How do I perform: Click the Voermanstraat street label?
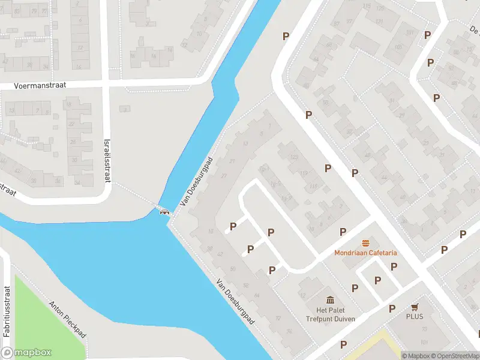pyautogui.click(x=41, y=86)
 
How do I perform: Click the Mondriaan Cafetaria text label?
pyautogui.click(x=365, y=253)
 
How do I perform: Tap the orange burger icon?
pyautogui.click(x=365, y=243)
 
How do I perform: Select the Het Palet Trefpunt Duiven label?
pyautogui.click(x=330, y=314)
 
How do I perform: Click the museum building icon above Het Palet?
pyautogui.click(x=330, y=299)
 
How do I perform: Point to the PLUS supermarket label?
pyautogui.click(x=414, y=316)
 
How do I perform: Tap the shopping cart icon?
pyautogui.click(x=414, y=306)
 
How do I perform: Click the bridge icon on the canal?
pyautogui.click(x=164, y=210)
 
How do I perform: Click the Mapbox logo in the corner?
pyautogui.click(x=26, y=352)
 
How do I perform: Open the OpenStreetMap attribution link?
pyautogui.click(x=454, y=356)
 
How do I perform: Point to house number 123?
pyautogui.click(x=294, y=157)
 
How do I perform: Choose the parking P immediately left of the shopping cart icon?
pyautogui.click(x=392, y=308)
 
